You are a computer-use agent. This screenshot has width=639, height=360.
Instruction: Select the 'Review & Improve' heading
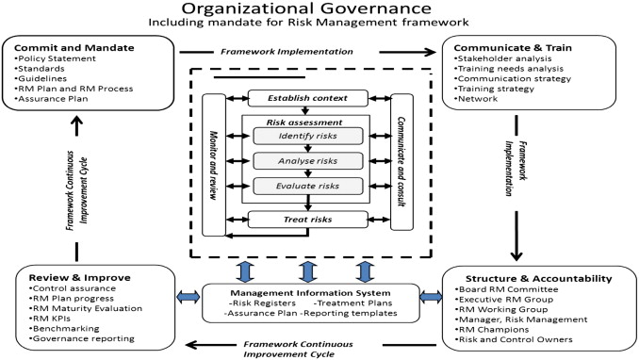click(x=69, y=278)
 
